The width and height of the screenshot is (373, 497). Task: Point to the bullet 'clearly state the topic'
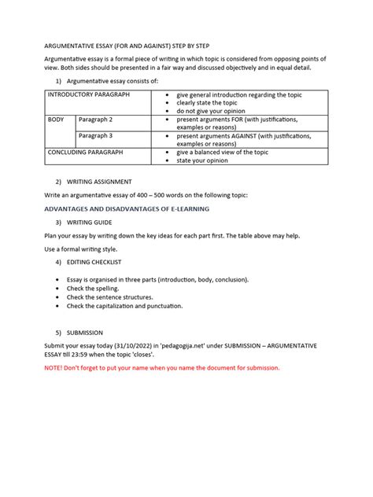click(206, 102)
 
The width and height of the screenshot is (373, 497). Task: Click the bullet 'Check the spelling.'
click(98, 289)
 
